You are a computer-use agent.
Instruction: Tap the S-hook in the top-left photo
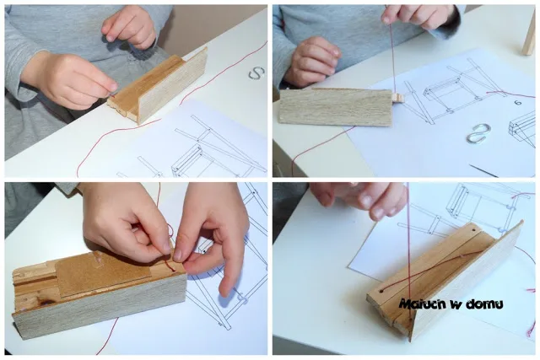click(x=256, y=73)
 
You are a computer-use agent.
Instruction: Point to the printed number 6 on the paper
click(x=517, y=102)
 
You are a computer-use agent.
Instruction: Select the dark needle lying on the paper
click(x=483, y=170)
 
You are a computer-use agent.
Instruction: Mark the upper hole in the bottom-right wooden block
click(x=473, y=229)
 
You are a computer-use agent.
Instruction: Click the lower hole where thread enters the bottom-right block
click(x=381, y=291)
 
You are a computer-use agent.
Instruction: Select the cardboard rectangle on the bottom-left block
click(x=103, y=273)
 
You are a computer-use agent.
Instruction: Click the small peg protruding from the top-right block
click(x=398, y=97)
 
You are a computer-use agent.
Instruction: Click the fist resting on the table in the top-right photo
click(x=310, y=62)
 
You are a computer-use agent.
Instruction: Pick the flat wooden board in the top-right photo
click(x=336, y=107)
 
